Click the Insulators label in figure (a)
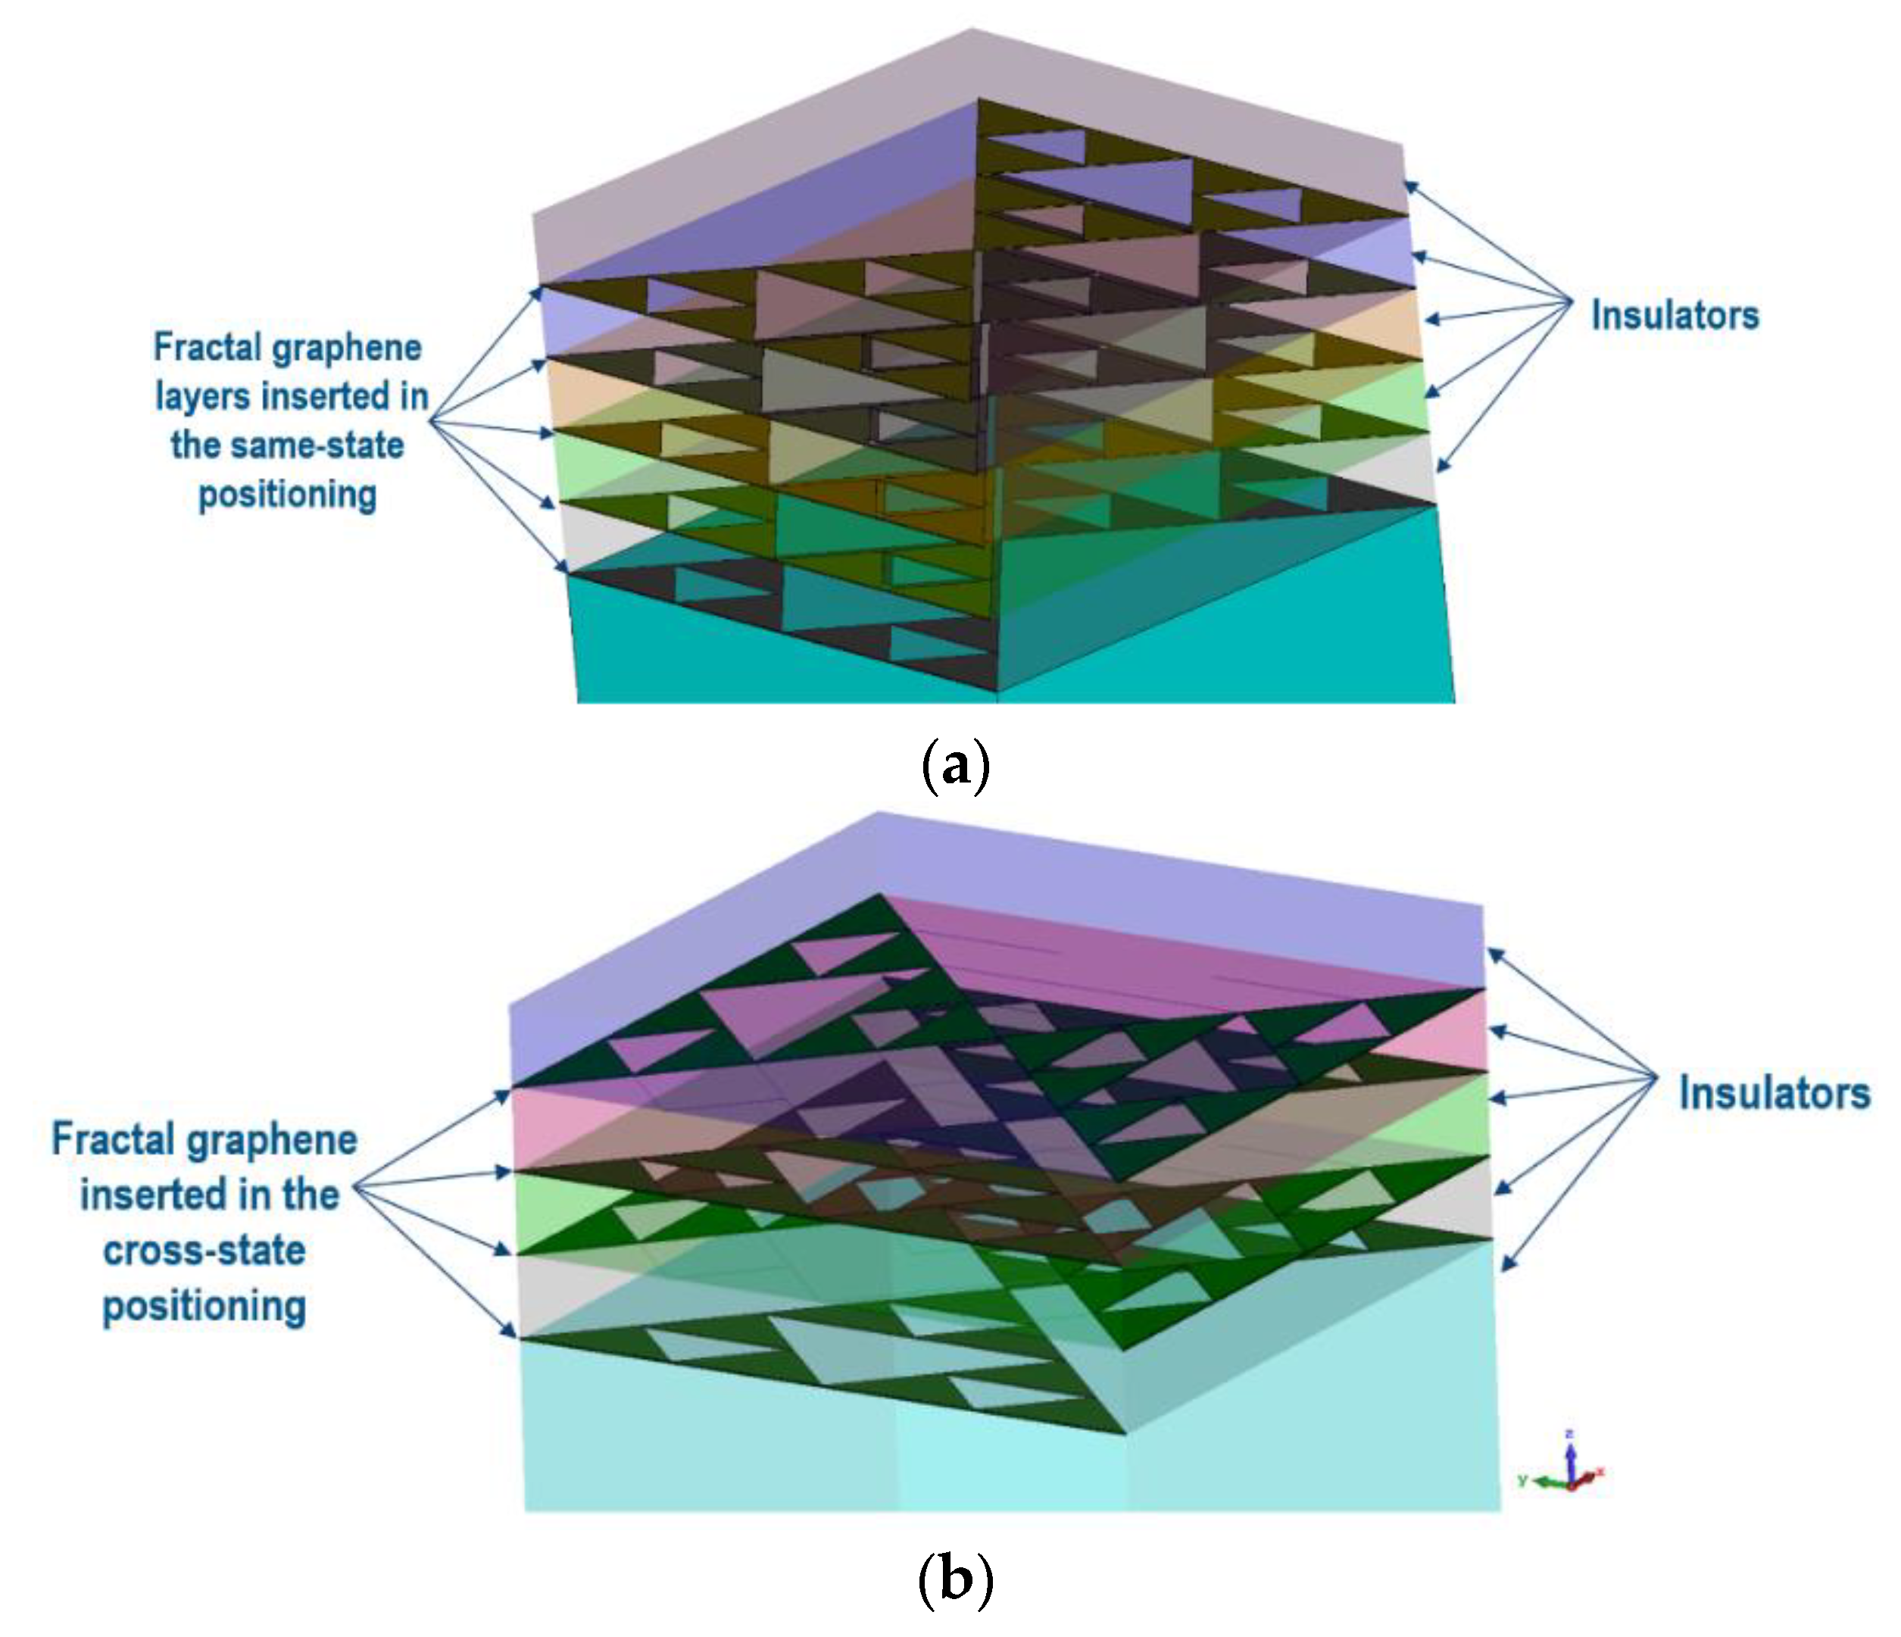(1675, 314)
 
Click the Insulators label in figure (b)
(1774, 1093)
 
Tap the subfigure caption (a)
(954, 765)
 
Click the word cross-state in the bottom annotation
(204, 1250)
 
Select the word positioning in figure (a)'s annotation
(287, 495)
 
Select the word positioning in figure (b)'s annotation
(204, 1306)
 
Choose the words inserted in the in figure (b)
(209, 1195)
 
